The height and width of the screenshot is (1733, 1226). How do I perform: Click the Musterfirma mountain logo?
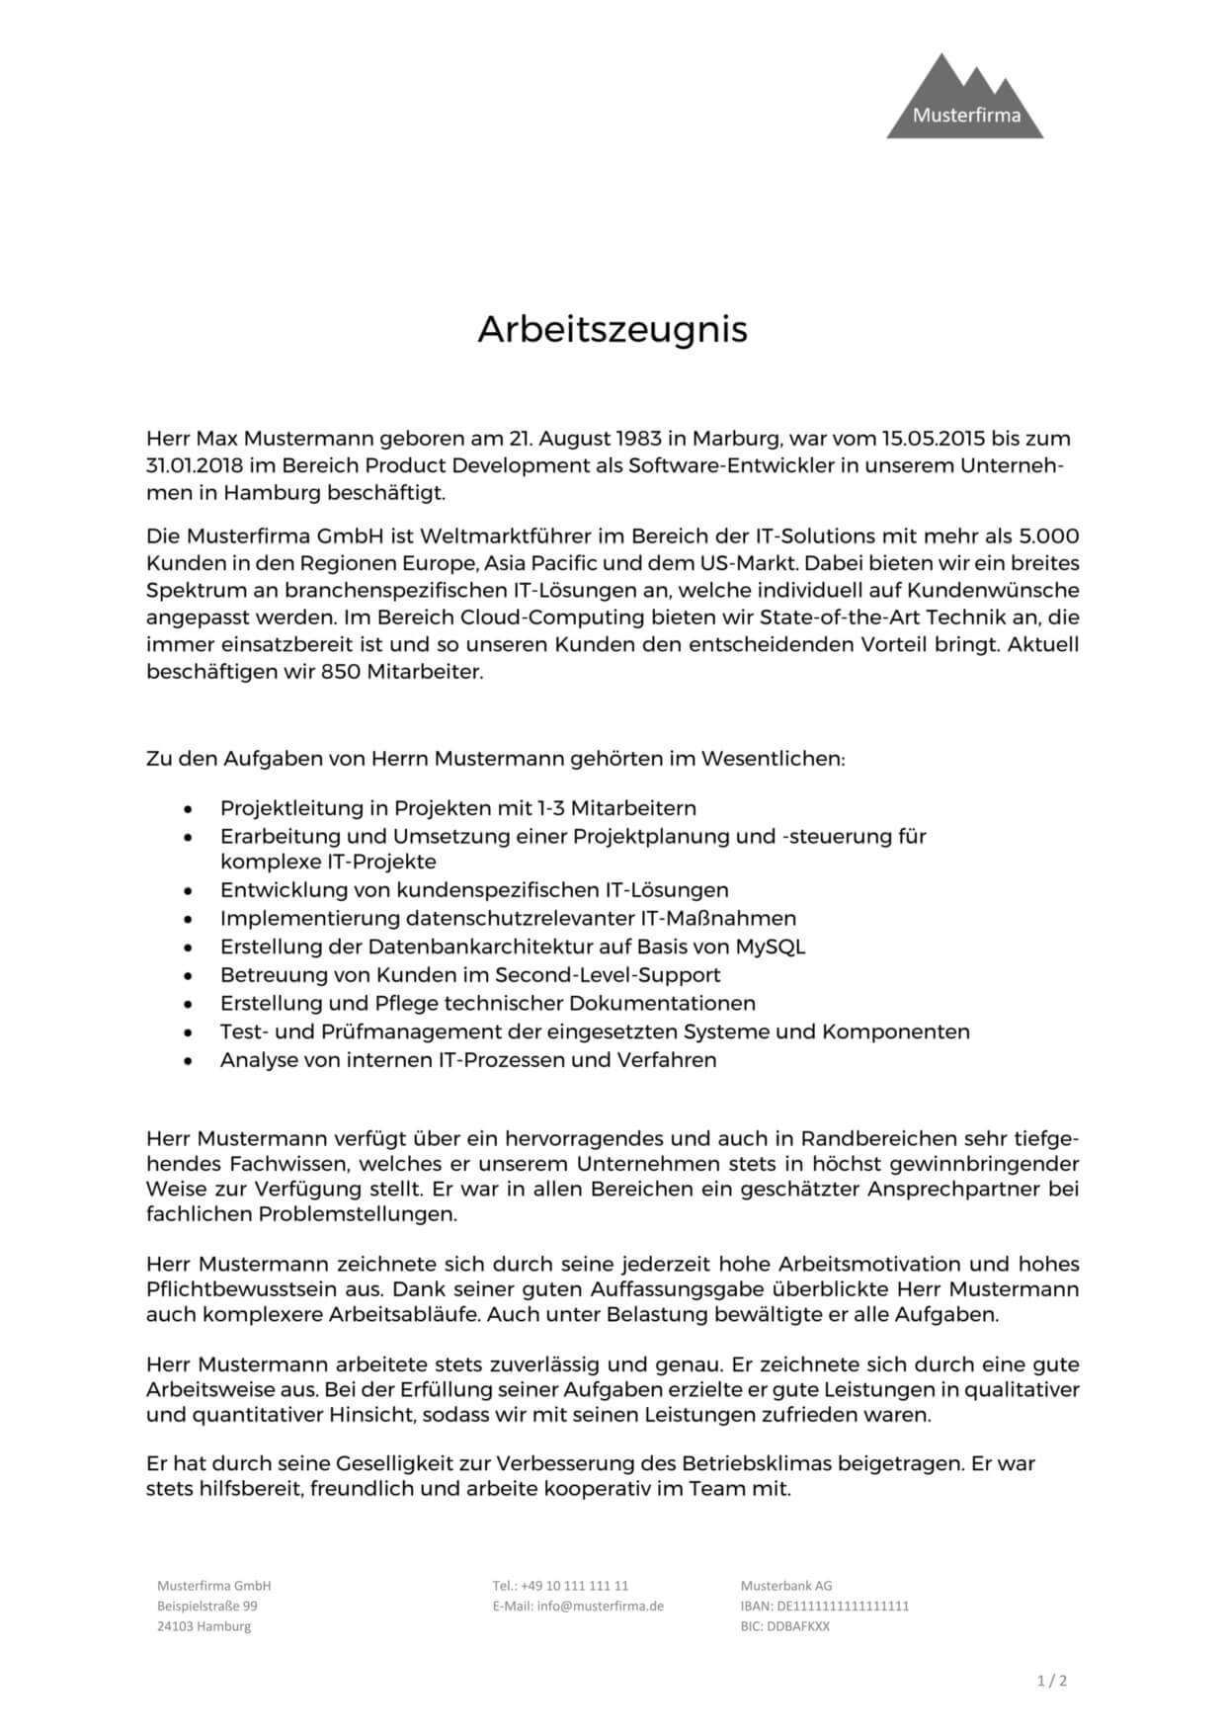pos(964,99)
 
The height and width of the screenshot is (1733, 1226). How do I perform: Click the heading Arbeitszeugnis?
pos(613,329)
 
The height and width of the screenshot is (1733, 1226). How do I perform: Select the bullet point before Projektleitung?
pos(188,809)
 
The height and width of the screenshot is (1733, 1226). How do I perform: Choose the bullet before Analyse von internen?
pos(188,1061)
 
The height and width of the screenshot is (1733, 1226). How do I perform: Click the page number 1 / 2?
pos(1052,1681)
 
